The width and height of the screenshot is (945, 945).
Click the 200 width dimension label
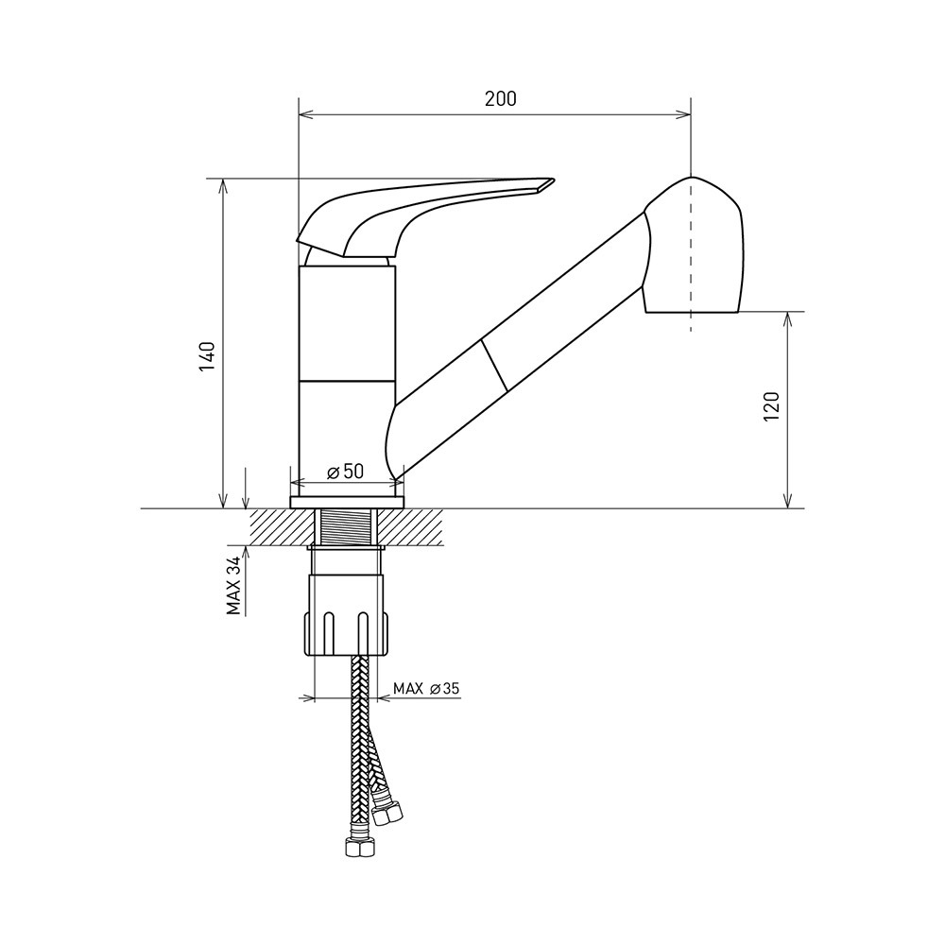click(x=501, y=98)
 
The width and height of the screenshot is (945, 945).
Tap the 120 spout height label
click(x=772, y=405)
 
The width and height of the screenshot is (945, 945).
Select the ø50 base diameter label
click(x=345, y=472)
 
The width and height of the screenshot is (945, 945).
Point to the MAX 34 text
click(x=233, y=585)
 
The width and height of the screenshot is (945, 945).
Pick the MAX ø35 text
click(x=426, y=688)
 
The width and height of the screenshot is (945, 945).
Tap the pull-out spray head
click(x=693, y=246)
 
